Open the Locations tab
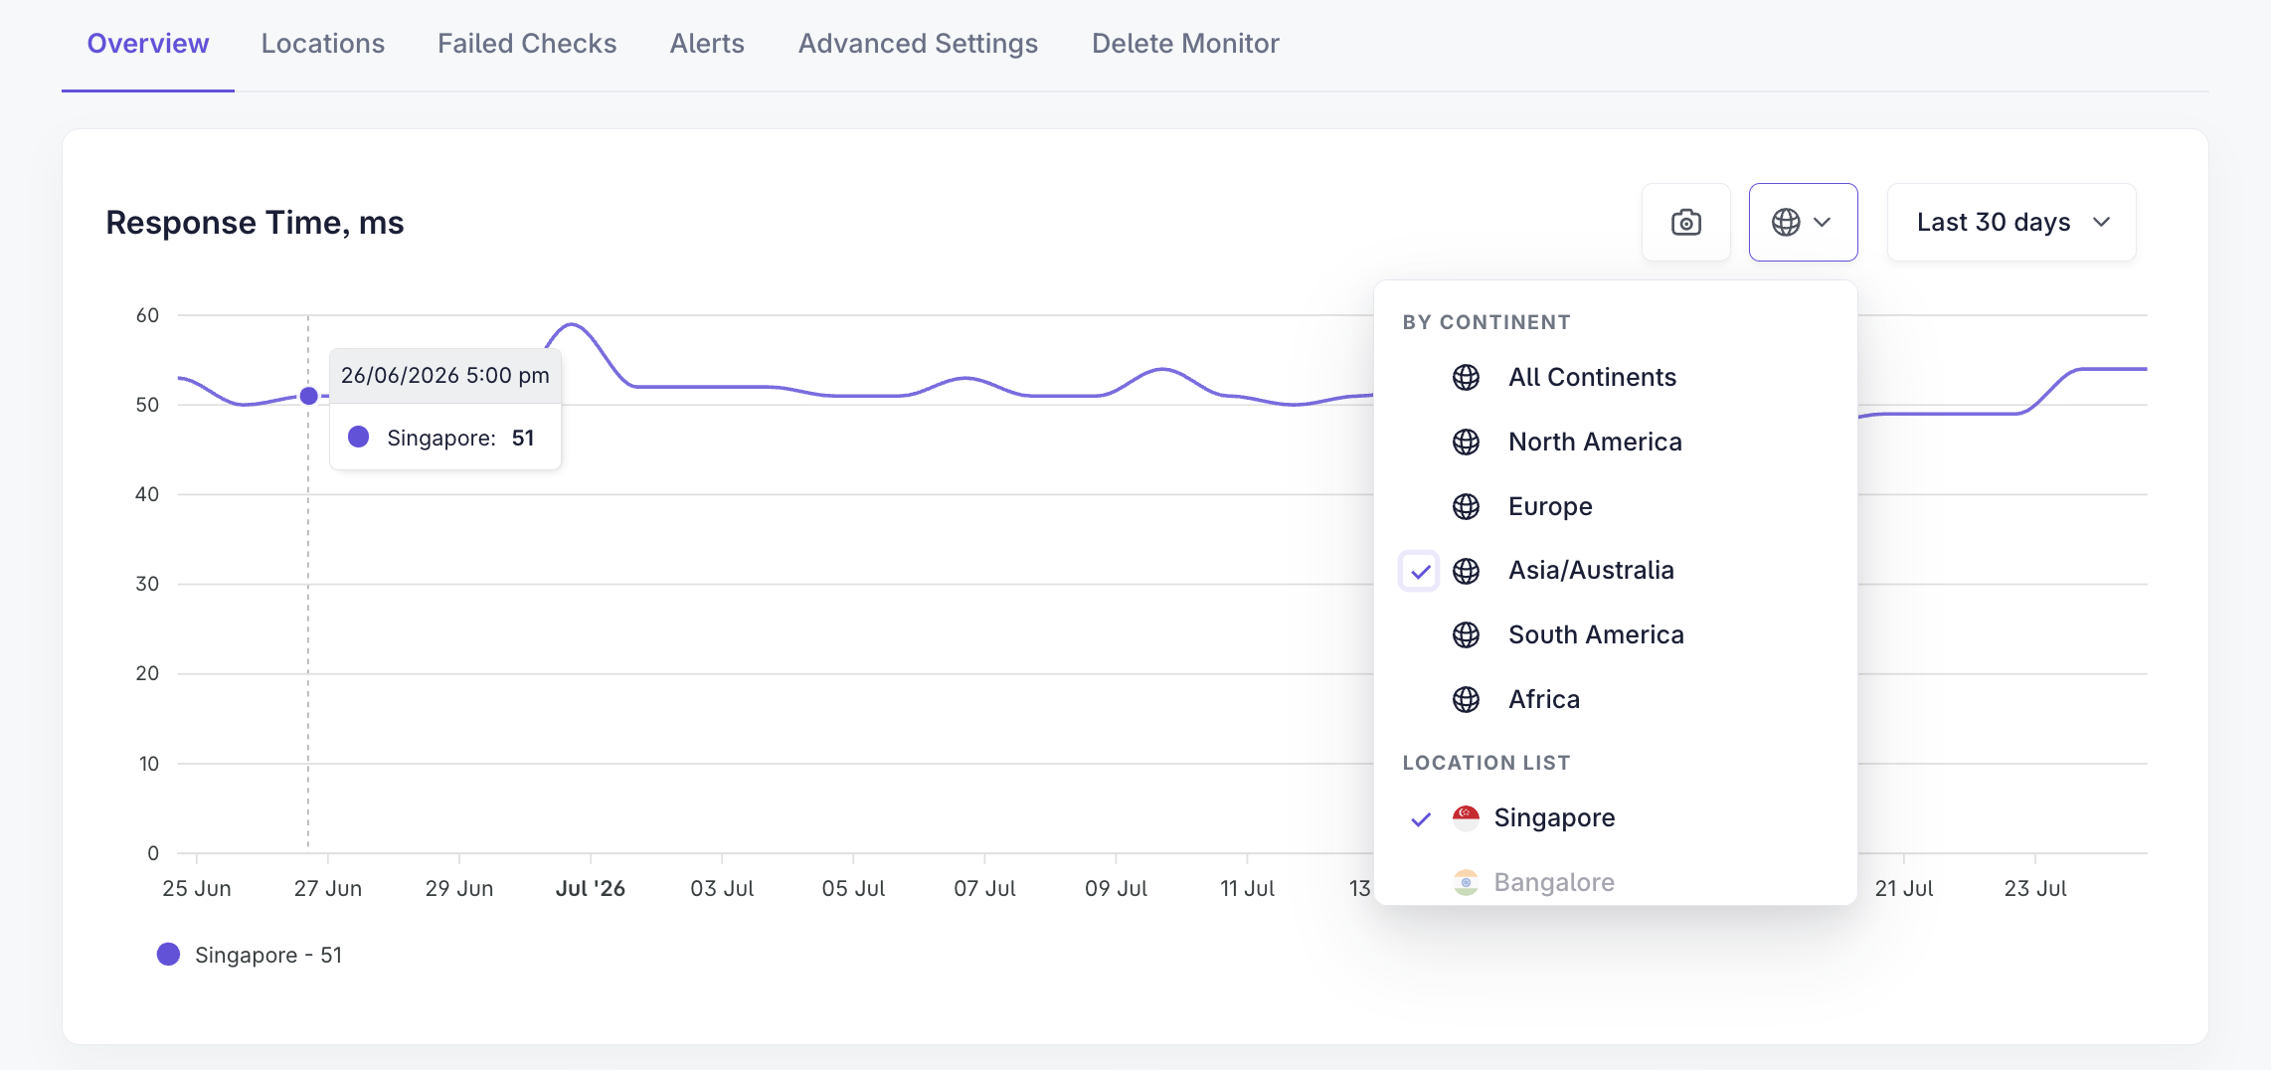(322, 44)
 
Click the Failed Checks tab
(527, 44)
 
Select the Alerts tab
(707, 44)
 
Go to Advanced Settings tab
(918, 44)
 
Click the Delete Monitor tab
(1185, 44)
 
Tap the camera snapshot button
(1686, 222)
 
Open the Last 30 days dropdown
(2011, 222)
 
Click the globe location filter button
(1803, 222)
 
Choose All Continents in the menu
(1592, 378)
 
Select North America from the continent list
(1595, 442)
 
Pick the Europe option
(1550, 506)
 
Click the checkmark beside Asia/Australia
(1420, 572)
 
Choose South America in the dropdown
(1596, 634)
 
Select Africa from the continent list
(1544, 699)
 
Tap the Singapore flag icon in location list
(1466, 818)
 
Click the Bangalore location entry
(1554, 883)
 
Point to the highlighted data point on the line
(309, 396)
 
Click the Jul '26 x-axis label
(591, 888)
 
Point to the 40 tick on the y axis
(147, 494)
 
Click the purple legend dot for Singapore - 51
(169, 955)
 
